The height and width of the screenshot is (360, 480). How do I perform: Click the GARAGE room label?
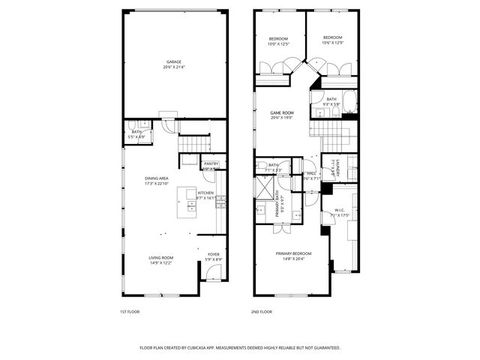[x=174, y=61]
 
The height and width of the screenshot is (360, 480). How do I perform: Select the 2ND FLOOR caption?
[x=261, y=311]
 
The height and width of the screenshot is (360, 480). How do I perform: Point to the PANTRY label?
[x=211, y=163]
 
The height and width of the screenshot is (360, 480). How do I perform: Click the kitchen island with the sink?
[x=187, y=203]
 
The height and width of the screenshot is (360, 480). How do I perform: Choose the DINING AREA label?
[x=157, y=178]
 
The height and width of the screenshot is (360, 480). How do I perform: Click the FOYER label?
[x=214, y=253]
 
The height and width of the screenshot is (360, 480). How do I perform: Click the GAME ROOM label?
[x=282, y=112]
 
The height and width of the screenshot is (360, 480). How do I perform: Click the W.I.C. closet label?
[x=340, y=210]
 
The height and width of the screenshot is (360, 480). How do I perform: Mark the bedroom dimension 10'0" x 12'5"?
[x=279, y=44]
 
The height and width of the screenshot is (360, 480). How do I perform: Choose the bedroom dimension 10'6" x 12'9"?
[x=332, y=43]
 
